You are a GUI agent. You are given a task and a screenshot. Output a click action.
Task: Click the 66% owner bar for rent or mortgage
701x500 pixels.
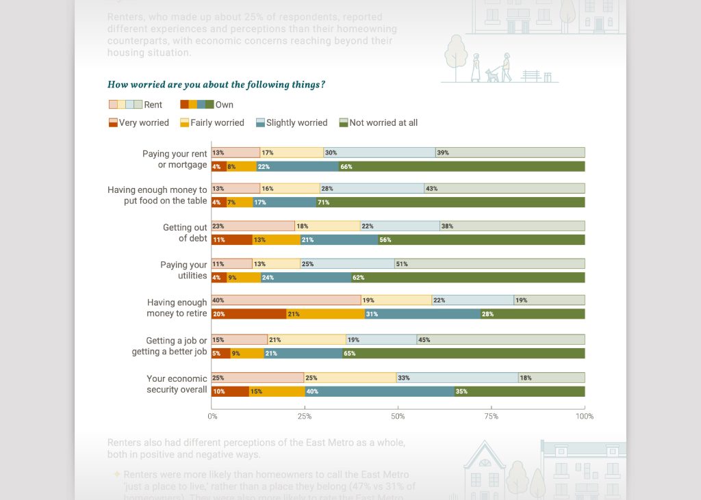tap(461, 166)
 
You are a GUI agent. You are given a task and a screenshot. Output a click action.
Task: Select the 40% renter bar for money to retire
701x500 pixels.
tap(286, 300)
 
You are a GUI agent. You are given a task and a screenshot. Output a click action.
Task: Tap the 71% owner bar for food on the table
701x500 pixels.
tap(450, 202)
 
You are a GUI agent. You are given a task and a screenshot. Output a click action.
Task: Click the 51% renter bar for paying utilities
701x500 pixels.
tap(489, 263)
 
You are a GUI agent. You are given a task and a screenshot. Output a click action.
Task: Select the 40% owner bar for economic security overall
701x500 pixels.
tap(380, 391)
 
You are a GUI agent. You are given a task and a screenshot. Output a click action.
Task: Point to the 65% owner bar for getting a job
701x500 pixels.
tap(463, 354)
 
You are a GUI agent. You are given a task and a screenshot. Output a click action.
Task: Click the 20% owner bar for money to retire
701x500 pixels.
tap(249, 314)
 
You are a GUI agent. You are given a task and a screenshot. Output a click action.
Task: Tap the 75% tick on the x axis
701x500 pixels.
tap(491, 416)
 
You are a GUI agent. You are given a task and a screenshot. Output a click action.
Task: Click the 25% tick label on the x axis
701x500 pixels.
tap(305, 416)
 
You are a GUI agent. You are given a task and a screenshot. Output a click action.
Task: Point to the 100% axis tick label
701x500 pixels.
tap(584, 416)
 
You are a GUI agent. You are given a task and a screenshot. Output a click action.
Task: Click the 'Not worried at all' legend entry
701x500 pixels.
tap(379, 123)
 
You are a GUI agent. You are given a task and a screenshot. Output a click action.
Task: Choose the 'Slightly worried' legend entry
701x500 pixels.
tap(292, 123)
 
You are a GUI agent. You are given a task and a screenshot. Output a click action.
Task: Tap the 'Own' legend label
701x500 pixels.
tap(225, 105)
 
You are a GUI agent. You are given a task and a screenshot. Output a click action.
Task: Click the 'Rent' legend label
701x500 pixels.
tap(153, 105)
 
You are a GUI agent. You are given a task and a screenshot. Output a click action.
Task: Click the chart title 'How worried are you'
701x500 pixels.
tap(216, 85)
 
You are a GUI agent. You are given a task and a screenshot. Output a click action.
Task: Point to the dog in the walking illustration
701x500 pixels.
tap(492, 75)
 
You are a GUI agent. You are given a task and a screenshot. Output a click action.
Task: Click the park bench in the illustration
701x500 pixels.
tap(531, 75)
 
